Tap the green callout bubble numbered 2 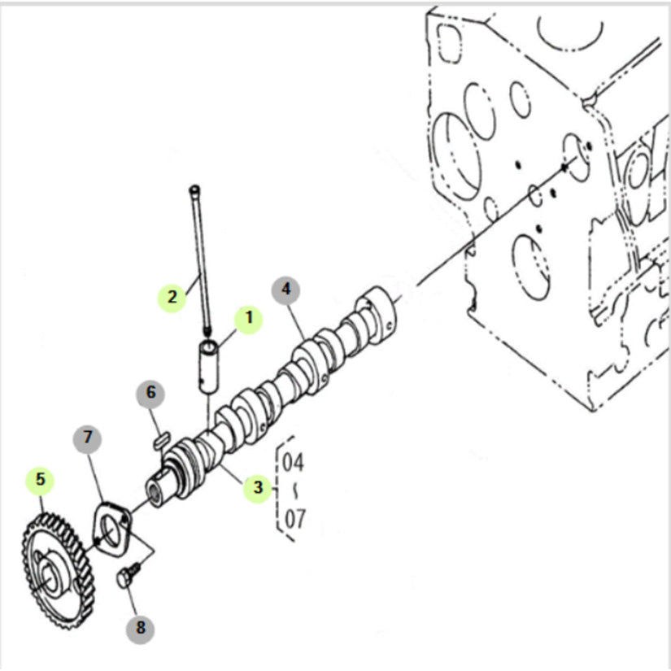(172, 298)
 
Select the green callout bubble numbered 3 (258, 488)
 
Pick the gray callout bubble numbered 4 (285, 290)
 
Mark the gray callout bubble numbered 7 (87, 438)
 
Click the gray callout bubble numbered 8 (141, 629)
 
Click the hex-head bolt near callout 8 (128, 576)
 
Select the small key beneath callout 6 (162, 441)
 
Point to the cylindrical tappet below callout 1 (208, 366)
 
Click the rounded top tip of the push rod (194, 189)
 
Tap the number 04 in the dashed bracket (293, 463)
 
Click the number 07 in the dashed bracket (295, 519)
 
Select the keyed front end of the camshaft (159, 487)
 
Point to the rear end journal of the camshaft (378, 315)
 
